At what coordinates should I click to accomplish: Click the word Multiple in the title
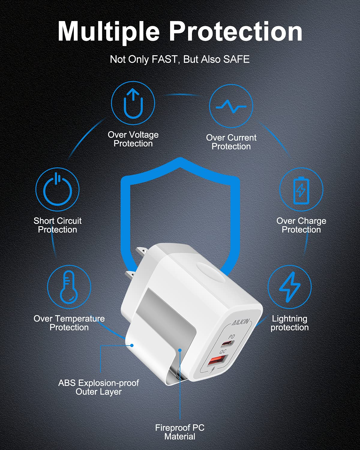109,31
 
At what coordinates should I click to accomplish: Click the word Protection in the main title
236,31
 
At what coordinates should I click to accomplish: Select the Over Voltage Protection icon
133,103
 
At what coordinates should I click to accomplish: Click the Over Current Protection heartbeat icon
231,106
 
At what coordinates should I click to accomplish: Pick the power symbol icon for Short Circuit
57,190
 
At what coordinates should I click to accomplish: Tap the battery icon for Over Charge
301,190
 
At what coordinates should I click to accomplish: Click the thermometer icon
69,287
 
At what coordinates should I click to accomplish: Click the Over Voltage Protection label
133,139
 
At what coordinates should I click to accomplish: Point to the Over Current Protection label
231,142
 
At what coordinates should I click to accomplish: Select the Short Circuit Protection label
58,225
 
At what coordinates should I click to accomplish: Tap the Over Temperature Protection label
69,323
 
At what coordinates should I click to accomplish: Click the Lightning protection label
289,323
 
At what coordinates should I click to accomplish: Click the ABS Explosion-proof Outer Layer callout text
99,387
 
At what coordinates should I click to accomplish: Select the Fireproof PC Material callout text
180,432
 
